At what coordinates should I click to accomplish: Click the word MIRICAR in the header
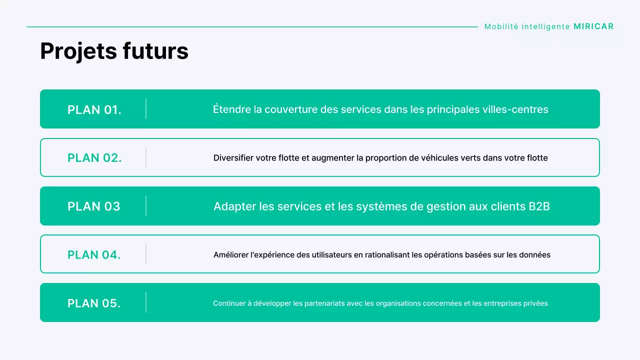click(x=593, y=26)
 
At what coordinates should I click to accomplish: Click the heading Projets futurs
click(x=114, y=51)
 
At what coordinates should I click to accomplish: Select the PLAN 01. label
click(x=94, y=109)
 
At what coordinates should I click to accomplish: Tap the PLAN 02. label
click(x=94, y=158)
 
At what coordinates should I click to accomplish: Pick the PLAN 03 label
click(x=94, y=206)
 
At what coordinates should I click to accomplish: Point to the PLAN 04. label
click(x=94, y=255)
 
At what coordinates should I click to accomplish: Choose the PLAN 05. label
click(x=94, y=303)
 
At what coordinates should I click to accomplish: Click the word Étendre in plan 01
click(x=231, y=109)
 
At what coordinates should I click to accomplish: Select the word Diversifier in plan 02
click(x=233, y=158)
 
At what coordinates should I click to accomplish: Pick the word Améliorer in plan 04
click(x=231, y=255)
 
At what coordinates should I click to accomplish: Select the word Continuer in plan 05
click(x=228, y=303)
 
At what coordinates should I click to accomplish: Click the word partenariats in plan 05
click(x=316, y=303)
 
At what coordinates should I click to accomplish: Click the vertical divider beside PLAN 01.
click(x=146, y=109)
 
